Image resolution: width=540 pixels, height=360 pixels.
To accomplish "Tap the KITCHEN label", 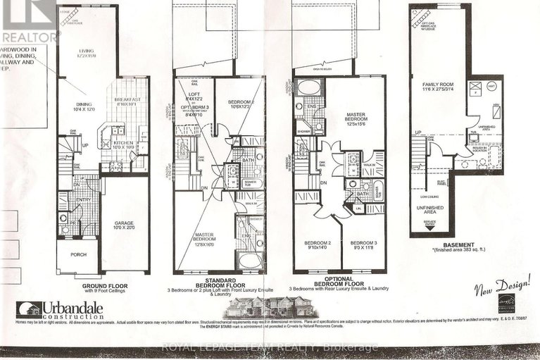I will pyautogui.click(x=123, y=143).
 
